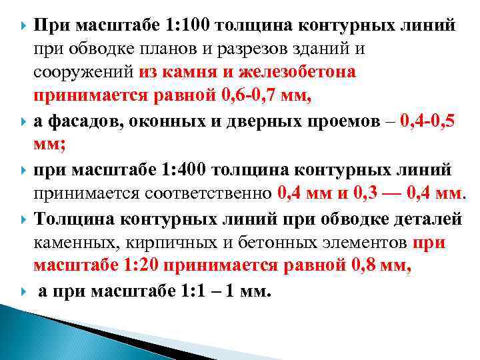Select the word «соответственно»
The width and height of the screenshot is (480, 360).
207,194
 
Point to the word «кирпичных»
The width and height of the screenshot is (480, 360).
171,241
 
